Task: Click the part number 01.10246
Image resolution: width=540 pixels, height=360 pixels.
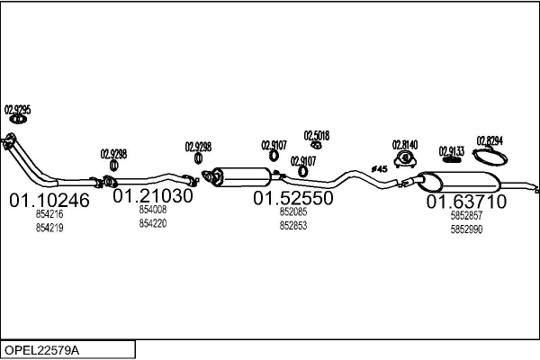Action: tap(49, 200)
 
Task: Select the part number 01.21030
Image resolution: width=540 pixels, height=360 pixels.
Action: tap(153, 195)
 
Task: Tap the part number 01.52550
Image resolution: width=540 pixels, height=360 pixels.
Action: tap(293, 198)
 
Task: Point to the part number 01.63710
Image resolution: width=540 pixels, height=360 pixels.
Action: tap(466, 202)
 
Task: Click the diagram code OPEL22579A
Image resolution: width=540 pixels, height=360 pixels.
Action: tap(41, 350)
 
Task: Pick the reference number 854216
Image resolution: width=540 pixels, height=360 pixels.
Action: tap(49, 214)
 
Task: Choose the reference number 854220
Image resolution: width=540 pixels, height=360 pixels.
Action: tap(153, 223)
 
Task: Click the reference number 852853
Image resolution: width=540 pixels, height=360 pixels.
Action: tap(293, 226)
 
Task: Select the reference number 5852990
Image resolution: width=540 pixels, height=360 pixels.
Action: tap(466, 229)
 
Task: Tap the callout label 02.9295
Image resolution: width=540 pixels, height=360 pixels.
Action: tap(18, 110)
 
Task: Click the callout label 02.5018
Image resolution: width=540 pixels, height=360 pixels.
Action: tap(317, 136)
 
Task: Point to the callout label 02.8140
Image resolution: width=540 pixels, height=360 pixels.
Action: tap(405, 145)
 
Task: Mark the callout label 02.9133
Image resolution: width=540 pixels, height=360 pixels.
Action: tap(452, 151)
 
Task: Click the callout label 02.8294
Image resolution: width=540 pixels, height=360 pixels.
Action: tap(490, 140)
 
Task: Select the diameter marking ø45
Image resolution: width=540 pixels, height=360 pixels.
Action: tap(379, 169)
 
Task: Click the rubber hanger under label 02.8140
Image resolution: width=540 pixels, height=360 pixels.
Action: tap(405, 159)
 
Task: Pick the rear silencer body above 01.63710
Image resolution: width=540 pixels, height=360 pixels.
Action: tap(460, 182)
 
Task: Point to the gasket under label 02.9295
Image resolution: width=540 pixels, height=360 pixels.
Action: tap(18, 119)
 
